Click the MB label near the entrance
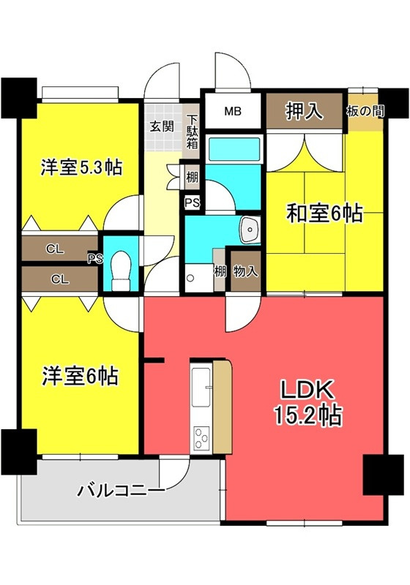[x=232, y=112]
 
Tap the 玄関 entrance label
[x=162, y=125]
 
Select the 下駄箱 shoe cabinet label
[x=191, y=132]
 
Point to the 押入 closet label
[x=305, y=112]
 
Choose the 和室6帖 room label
[x=324, y=214]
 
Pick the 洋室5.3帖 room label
[x=81, y=167]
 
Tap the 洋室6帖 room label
[x=79, y=377]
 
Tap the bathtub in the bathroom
[x=233, y=150]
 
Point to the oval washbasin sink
[x=249, y=230]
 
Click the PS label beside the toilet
[x=95, y=258]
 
